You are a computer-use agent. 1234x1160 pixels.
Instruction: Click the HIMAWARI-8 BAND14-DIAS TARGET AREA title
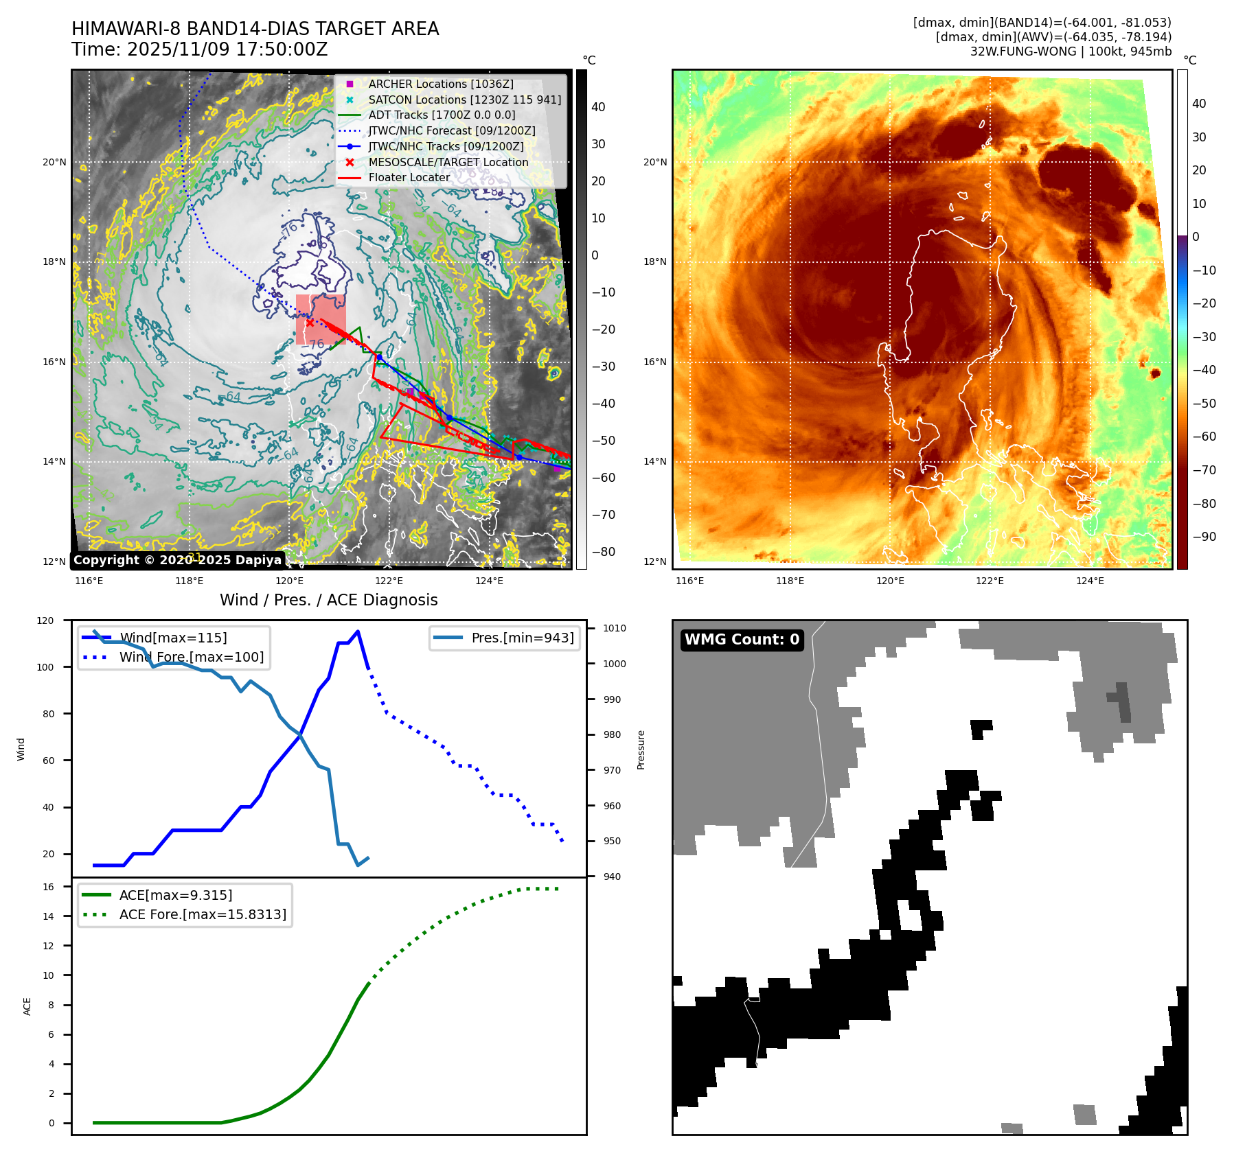(x=255, y=29)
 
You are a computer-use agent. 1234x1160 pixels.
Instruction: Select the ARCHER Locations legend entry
(x=440, y=84)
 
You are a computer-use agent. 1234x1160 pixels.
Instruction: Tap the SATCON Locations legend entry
(x=464, y=100)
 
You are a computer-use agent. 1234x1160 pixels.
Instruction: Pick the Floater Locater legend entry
(x=409, y=177)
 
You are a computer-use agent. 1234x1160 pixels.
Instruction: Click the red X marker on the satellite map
(x=310, y=323)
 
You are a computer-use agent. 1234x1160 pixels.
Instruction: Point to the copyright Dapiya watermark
(x=177, y=560)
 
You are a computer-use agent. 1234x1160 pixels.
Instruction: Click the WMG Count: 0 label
(x=742, y=640)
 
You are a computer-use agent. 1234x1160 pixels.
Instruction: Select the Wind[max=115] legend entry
(x=172, y=638)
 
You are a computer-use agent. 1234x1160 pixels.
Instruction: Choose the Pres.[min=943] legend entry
(x=522, y=638)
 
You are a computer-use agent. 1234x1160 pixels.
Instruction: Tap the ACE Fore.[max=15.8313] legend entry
(x=202, y=914)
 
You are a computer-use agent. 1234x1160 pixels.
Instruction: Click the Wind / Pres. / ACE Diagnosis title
(x=328, y=600)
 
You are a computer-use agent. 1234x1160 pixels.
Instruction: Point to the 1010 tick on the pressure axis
(x=614, y=628)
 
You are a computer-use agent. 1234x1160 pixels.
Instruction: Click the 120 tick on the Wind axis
(x=45, y=620)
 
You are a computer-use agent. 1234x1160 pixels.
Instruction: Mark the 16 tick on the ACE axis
(x=48, y=887)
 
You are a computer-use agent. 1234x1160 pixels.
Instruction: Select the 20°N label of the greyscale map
(x=54, y=163)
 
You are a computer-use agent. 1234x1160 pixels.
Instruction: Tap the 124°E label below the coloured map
(x=1090, y=581)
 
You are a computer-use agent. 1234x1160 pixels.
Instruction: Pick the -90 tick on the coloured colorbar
(x=1204, y=537)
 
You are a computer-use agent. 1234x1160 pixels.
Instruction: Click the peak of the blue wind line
(x=358, y=631)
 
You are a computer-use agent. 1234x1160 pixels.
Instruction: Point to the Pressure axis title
(x=641, y=750)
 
